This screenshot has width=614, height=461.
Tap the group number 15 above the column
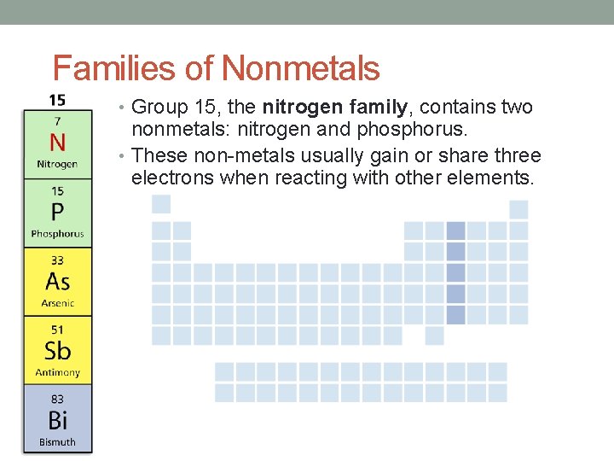tap(57, 99)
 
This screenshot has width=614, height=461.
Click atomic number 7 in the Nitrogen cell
tap(57, 121)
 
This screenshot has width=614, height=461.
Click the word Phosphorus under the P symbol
tap(57, 233)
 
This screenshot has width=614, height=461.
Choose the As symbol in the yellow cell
tap(57, 281)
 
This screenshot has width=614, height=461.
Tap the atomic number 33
tap(57, 260)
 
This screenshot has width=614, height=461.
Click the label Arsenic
tap(57, 303)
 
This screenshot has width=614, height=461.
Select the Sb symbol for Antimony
tap(57, 350)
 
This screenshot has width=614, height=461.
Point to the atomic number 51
tap(57, 330)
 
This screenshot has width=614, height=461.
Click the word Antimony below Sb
tap(57, 372)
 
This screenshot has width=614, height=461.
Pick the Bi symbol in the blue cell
tap(57, 419)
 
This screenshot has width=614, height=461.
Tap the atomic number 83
tap(57, 399)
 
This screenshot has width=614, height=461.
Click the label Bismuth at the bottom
tap(57, 442)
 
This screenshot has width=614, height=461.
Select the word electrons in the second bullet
tap(173, 178)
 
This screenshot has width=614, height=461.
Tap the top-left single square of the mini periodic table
tap(160, 205)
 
